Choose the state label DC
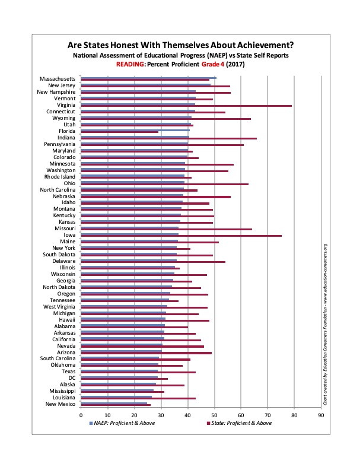[71, 378]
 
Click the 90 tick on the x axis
[321, 415]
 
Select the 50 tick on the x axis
[214, 415]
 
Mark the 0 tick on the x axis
[81, 415]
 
